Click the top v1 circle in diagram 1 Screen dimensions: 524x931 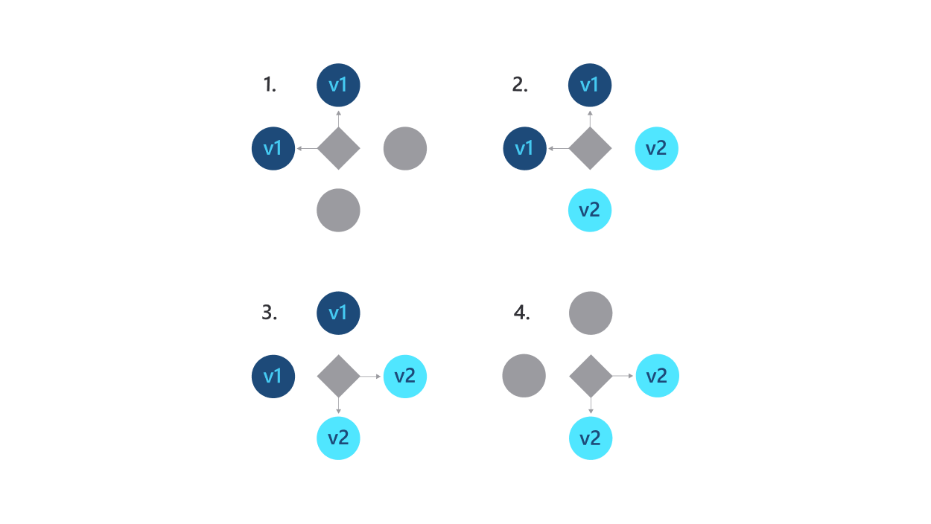tap(338, 85)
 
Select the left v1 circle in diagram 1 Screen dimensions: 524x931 tap(273, 148)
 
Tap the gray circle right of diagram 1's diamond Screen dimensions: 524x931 tap(404, 148)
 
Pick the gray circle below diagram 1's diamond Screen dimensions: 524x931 tap(338, 210)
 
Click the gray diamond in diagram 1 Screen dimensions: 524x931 tap(338, 148)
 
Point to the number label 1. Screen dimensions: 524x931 tap(269, 86)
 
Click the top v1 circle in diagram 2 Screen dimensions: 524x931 tap(590, 85)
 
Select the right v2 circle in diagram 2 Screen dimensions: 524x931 tap(656, 148)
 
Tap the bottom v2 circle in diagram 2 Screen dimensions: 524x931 tap(590, 210)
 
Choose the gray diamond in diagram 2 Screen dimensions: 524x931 tap(590, 148)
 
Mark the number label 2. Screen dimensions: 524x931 tap(519, 86)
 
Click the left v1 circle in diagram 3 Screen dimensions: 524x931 tap(273, 376)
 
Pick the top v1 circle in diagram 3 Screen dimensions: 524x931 tap(338, 313)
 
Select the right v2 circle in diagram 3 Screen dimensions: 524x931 tap(404, 376)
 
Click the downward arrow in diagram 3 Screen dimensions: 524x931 tap(338, 406)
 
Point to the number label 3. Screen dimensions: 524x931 tap(269, 313)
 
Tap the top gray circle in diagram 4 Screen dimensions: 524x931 tap(591, 313)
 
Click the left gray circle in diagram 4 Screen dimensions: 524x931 tap(524, 376)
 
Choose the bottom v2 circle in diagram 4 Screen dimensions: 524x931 tap(591, 438)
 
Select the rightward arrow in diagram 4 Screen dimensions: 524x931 tap(623, 376)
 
